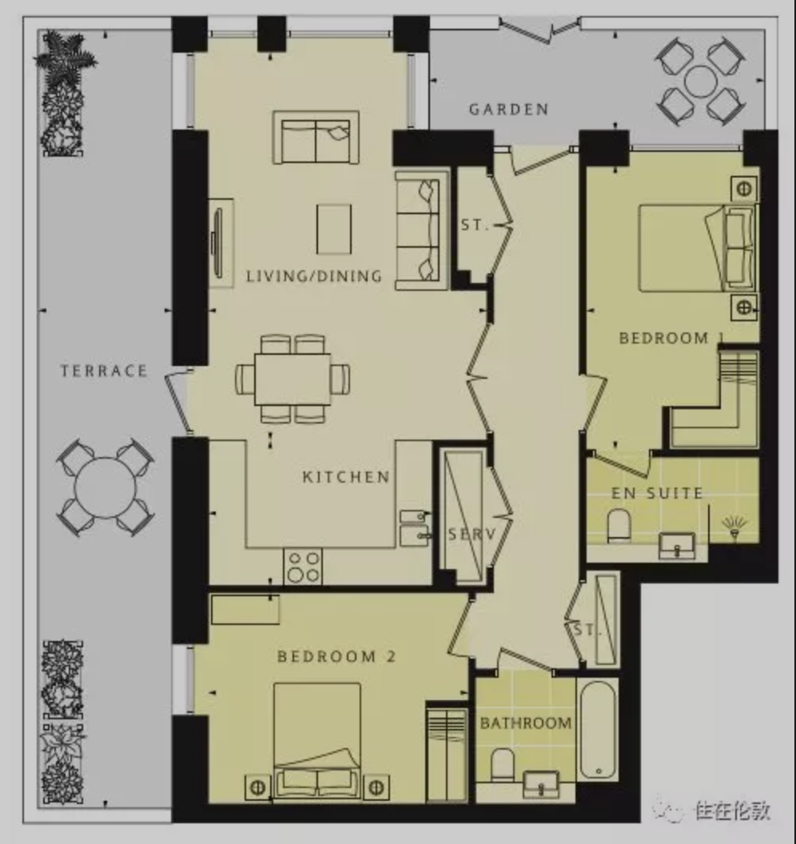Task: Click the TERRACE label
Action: (x=104, y=371)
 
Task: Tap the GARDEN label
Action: (x=508, y=109)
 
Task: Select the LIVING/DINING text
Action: (x=314, y=276)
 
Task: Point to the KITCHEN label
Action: (x=346, y=477)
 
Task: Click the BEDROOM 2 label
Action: (x=336, y=657)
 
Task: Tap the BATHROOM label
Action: (x=526, y=723)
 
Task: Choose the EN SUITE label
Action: (x=657, y=493)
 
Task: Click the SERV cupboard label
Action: (x=472, y=534)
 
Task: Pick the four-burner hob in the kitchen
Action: (x=303, y=567)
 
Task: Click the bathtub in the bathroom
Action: (x=598, y=730)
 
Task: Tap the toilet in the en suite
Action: (x=619, y=525)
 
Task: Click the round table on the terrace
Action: (x=105, y=488)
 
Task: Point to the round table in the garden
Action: (x=700, y=82)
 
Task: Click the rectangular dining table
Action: (x=293, y=379)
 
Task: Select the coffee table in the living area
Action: (x=334, y=229)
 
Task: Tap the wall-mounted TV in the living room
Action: (x=217, y=243)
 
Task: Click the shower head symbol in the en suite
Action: (x=734, y=525)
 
